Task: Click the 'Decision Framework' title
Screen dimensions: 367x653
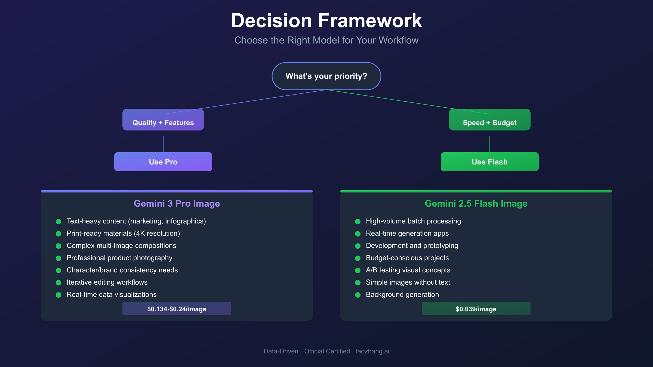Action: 326,21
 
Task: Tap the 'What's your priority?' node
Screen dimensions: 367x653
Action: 326,76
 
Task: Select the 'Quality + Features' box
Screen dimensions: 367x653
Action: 163,122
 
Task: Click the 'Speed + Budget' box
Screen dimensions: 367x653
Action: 489,122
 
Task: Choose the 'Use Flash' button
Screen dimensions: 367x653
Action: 489,162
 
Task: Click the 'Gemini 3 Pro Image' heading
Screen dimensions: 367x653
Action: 177,203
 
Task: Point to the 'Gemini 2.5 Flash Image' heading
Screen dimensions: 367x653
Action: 476,203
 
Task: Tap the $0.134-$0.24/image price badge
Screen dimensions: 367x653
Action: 177,309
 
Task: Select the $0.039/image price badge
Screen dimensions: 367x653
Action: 476,309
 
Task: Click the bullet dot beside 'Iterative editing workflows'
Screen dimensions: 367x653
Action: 58,283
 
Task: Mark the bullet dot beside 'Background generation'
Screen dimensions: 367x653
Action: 358,295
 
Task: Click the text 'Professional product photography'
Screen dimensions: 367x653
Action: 119,258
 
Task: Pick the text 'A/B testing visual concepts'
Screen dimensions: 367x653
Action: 408,270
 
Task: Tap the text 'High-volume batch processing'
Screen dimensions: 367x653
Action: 413,221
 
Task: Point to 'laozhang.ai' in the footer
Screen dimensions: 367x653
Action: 372,351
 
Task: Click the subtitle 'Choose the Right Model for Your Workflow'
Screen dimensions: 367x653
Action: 326,40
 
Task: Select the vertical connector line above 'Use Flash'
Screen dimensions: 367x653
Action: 490,144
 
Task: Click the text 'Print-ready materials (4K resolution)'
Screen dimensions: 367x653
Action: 123,233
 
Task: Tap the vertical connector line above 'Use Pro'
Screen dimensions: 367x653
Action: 163,144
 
